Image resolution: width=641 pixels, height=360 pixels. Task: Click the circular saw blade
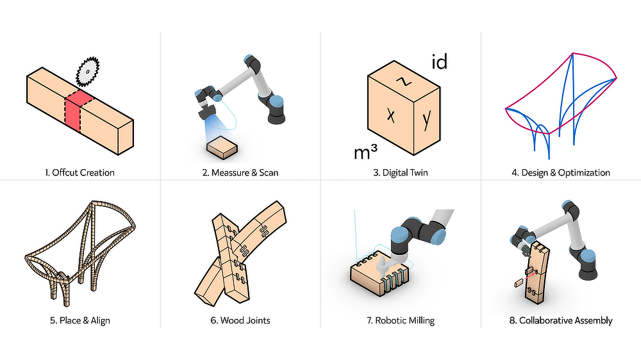click(87, 72)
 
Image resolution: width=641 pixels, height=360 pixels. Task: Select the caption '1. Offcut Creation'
click(79, 172)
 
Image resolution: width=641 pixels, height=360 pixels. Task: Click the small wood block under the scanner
click(222, 147)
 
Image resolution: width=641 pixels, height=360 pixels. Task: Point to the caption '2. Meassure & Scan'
click(240, 172)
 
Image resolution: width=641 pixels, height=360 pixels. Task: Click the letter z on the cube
click(404, 81)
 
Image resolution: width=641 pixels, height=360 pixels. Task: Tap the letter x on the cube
click(391, 115)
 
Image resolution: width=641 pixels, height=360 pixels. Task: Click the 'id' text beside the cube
click(440, 61)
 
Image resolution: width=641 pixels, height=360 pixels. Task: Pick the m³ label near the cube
click(365, 152)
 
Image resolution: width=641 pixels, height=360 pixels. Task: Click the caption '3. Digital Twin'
click(400, 172)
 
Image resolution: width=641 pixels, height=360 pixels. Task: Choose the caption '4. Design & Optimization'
click(560, 172)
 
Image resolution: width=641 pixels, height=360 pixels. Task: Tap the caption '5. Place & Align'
click(79, 320)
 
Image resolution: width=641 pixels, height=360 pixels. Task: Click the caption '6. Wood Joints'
click(240, 320)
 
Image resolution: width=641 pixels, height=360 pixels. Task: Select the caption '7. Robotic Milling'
click(400, 320)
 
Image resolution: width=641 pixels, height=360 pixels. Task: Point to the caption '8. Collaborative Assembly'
click(560, 320)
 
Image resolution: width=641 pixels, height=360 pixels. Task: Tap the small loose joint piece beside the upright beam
click(519, 282)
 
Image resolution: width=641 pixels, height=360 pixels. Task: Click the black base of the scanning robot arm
click(276, 117)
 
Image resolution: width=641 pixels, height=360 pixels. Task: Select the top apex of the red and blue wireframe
click(573, 53)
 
